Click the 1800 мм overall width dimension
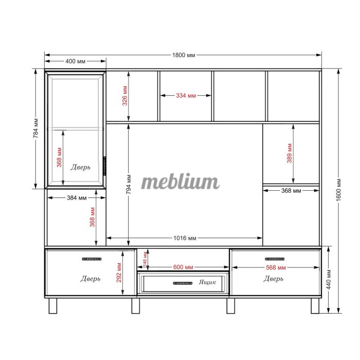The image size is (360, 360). click(x=184, y=55)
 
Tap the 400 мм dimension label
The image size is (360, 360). click(x=75, y=61)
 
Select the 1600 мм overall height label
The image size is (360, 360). click(x=338, y=190)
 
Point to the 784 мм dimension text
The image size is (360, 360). click(x=35, y=129)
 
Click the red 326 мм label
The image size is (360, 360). click(x=124, y=96)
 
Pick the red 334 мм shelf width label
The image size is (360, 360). click(x=186, y=96)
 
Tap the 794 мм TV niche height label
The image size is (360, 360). click(x=129, y=184)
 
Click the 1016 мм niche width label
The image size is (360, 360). click(x=185, y=238)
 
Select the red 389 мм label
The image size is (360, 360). click(x=289, y=153)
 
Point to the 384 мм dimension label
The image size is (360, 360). click(x=77, y=197)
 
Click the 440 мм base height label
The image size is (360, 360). click(x=329, y=280)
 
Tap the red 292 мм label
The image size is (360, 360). click(x=119, y=273)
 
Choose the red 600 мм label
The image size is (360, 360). click(x=183, y=267)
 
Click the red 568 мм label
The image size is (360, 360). click(x=276, y=267)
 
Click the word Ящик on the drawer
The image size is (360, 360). click(x=207, y=282)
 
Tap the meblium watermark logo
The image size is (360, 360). click(x=180, y=182)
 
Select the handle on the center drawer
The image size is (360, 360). click(x=183, y=283)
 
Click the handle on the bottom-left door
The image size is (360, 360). click(x=92, y=259)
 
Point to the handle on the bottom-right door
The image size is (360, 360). click(x=275, y=259)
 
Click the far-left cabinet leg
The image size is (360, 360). click(x=53, y=306)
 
